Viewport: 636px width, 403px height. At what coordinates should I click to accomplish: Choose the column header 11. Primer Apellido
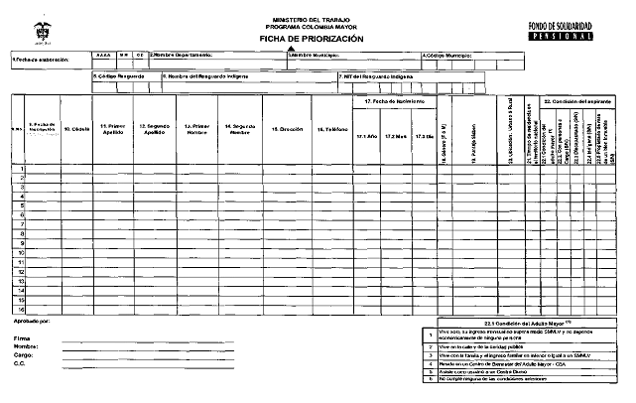[112, 129]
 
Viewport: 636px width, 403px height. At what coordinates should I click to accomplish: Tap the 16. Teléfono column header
[330, 129]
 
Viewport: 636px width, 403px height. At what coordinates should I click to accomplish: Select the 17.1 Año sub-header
[367, 135]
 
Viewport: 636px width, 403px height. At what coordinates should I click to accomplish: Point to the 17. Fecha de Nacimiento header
[395, 102]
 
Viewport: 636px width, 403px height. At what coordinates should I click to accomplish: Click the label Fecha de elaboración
[41, 60]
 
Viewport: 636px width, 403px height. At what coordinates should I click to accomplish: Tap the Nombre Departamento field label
[183, 55]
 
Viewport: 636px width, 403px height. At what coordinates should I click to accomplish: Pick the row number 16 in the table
[21, 311]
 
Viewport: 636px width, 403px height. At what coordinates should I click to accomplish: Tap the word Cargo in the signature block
[25, 354]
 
